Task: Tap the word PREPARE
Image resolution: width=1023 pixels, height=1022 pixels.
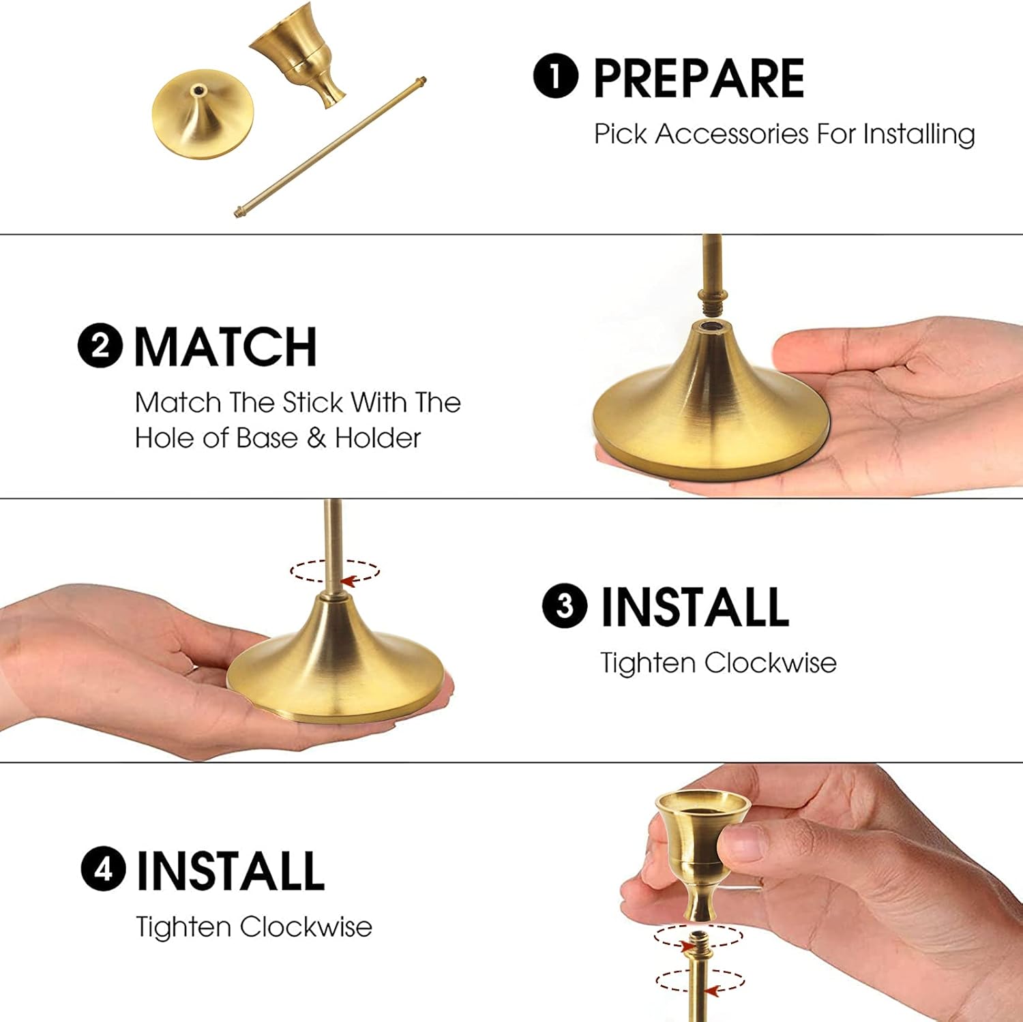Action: pos(699,78)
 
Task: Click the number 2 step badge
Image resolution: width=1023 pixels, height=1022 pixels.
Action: pos(100,346)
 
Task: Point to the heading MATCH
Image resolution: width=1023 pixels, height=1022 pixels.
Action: pos(226,347)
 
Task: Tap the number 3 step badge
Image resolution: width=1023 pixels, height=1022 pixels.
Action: pos(565,605)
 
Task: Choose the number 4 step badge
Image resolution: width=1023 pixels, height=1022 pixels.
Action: pos(104,870)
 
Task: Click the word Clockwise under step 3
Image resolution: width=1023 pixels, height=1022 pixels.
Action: pos(770,663)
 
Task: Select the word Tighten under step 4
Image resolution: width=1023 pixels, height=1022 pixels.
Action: pos(183,927)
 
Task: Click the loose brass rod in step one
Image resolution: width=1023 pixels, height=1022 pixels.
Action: pos(331,147)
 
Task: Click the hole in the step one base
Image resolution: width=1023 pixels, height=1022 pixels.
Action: pos(198,89)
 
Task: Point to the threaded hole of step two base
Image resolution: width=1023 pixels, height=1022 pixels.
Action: pos(711,327)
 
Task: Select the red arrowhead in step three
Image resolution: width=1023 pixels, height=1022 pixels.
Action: pos(350,581)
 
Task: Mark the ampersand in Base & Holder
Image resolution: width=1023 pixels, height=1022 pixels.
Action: pos(316,438)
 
